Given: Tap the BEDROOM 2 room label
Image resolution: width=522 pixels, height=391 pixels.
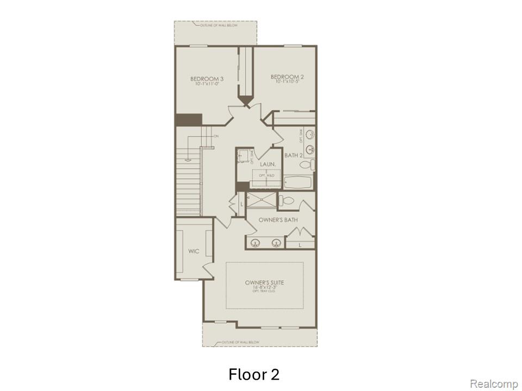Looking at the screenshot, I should (287, 77).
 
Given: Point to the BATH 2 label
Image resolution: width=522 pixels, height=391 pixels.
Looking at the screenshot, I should (293, 155).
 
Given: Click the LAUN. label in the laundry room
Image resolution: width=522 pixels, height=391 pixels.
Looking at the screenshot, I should (268, 163).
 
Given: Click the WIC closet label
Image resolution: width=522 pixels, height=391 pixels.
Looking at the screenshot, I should (193, 251).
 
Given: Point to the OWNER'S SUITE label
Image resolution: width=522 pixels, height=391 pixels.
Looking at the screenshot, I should (265, 283).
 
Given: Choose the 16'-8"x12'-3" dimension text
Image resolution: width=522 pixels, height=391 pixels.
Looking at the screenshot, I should (265, 288).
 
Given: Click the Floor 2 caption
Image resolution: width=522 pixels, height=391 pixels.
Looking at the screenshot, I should (254, 374).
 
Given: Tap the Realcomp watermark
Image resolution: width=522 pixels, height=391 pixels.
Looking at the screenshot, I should (494, 384).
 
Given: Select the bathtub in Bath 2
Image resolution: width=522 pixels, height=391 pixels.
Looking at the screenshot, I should (297, 183).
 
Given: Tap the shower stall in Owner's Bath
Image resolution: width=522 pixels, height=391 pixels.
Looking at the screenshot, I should (261, 199).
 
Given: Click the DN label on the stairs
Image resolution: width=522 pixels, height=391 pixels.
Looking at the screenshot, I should (216, 136).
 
